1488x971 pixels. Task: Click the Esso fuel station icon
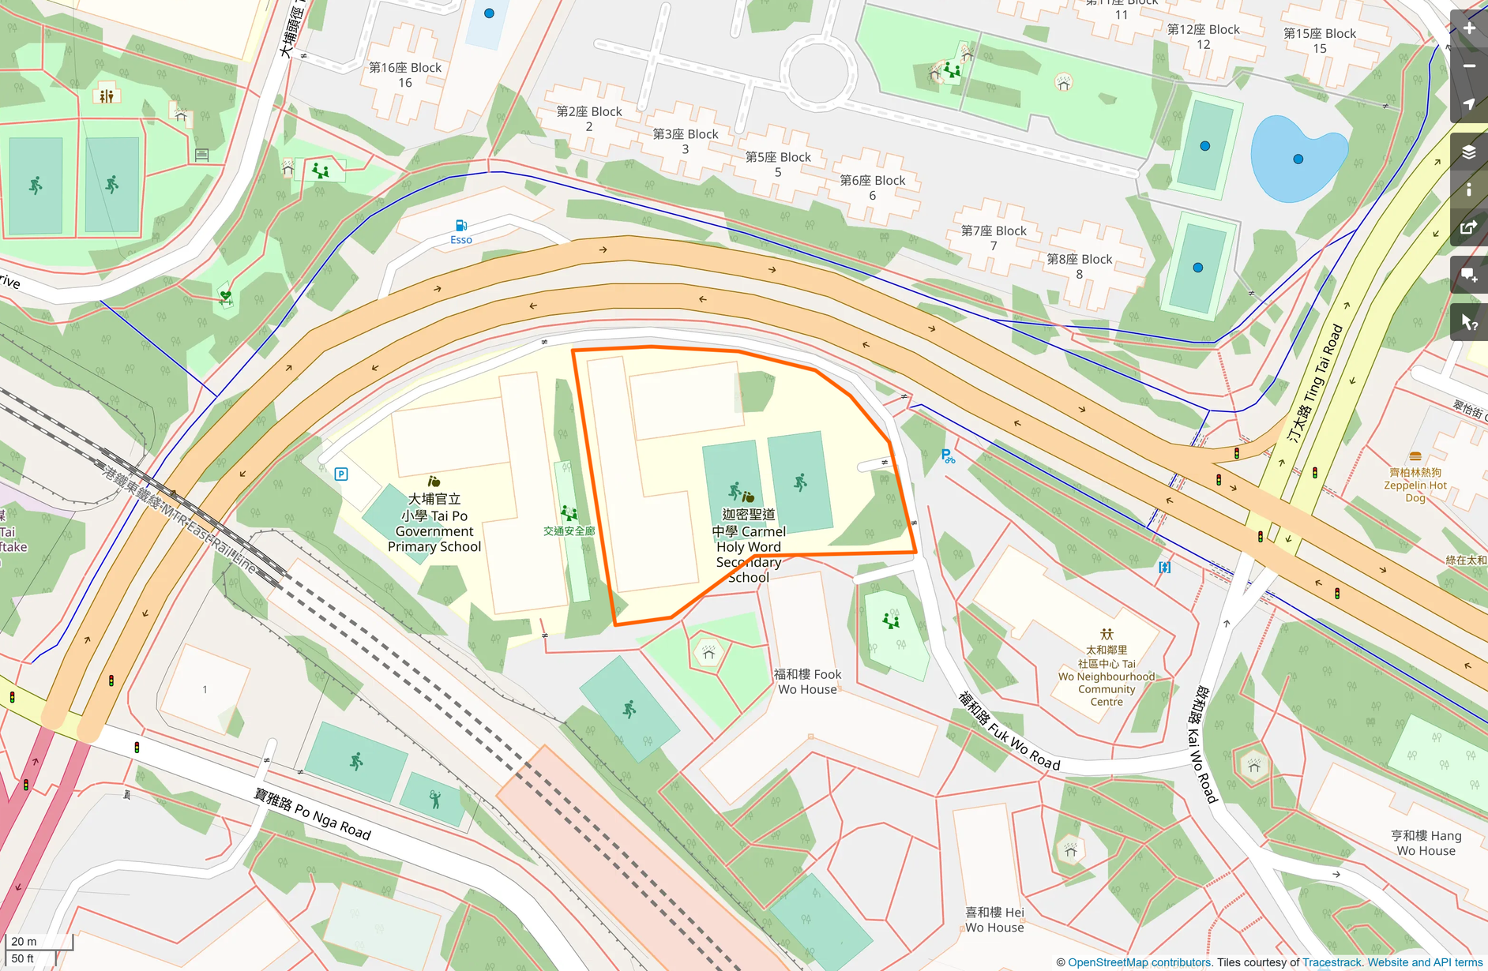[461, 226]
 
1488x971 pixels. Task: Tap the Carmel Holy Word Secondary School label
[748, 545]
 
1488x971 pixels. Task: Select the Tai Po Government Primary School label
[434, 523]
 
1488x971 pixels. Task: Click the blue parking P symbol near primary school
[341, 474]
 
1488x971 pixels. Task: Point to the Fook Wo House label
[807, 681]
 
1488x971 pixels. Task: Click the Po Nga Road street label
[313, 813]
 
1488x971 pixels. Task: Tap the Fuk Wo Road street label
[1009, 730]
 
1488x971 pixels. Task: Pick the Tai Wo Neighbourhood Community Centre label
[1107, 675]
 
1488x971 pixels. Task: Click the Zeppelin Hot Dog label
[1415, 485]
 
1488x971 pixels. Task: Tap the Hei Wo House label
[994, 920]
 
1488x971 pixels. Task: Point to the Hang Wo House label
[1426, 843]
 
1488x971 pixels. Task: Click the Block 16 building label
[405, 75]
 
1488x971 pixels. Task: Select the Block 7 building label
[994, 238]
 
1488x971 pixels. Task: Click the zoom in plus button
[1469, 28]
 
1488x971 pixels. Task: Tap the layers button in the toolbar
[1469, 152]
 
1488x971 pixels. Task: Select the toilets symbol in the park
[107, 96]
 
